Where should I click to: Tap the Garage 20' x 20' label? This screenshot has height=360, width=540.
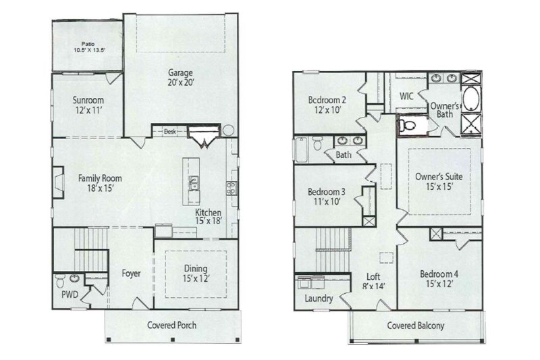[182, 77]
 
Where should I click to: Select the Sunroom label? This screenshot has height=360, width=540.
[88, 105]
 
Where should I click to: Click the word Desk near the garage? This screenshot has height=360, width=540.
[169, 132]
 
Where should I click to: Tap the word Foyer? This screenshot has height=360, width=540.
[131, 274]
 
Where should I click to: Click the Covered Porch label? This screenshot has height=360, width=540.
[172, 325]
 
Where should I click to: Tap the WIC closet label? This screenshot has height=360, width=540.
[406, 97]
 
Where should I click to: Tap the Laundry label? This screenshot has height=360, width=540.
[319, 298]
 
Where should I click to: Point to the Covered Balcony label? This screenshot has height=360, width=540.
[415, 326]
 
